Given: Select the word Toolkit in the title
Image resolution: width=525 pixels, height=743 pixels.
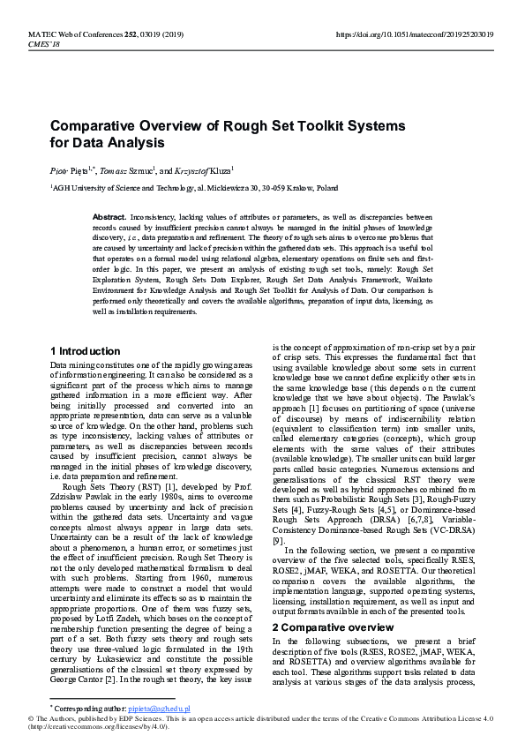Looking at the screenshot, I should [x=312, y=125].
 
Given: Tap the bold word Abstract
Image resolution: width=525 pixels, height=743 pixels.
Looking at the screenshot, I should [x=109, y=216].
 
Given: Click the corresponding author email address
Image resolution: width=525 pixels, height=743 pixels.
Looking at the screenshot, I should [x=159, y=709].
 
